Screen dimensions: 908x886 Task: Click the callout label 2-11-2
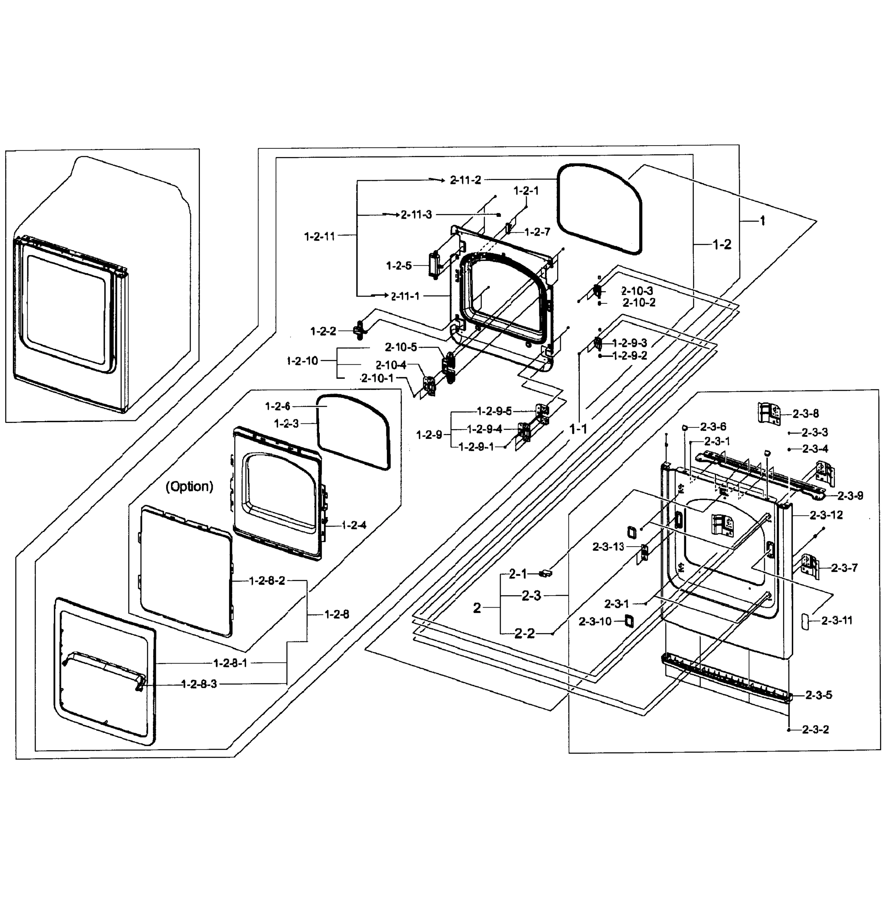click(466, 180)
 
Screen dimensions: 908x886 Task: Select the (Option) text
click(189, 487)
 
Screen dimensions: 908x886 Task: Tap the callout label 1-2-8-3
click(199, 684)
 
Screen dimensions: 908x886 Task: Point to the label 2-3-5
click(819, 695)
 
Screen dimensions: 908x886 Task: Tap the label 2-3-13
click(608, 547)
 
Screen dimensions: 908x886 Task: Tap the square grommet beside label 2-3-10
click(629, 620)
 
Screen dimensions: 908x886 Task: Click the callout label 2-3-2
click(815, 729)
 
